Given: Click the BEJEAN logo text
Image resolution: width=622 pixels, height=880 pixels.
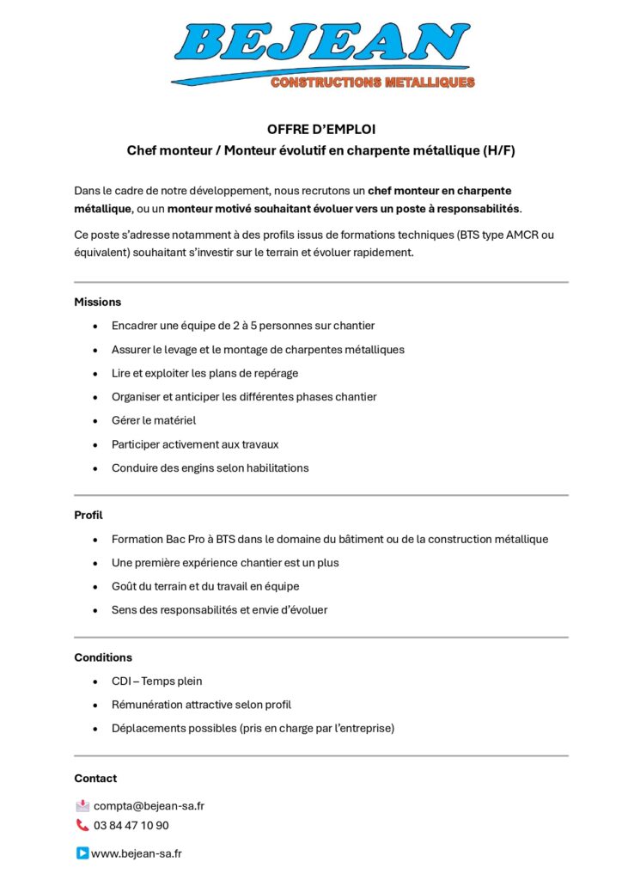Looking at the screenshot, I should [322, 41].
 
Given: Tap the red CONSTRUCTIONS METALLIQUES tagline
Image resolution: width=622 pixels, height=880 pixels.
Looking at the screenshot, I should [372, 82].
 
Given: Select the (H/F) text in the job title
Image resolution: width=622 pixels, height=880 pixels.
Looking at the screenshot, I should [499, 150].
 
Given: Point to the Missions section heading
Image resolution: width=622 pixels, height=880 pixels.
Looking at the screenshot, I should [98, 302].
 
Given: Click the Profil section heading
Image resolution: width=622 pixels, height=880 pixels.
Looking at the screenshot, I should [88, 515].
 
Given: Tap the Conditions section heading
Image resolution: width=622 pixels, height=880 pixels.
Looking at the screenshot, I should [103, 657].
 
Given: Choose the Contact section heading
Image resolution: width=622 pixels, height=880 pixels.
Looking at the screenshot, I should [95, 778].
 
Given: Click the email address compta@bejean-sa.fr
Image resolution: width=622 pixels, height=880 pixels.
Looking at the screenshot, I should [149, 806].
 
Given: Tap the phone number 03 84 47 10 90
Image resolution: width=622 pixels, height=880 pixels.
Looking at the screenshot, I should [131, 825].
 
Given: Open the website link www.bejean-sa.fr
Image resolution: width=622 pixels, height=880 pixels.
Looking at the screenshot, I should [136, 853].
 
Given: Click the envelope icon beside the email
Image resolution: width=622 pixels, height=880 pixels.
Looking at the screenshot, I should [82, 806].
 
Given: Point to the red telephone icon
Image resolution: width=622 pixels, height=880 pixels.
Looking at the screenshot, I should [82, 825].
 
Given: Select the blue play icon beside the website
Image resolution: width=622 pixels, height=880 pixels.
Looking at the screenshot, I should [82, 853].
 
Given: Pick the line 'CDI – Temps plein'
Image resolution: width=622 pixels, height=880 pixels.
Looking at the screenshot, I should [156, 681].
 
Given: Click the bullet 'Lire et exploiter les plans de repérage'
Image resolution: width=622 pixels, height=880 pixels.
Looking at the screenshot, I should [204, 373].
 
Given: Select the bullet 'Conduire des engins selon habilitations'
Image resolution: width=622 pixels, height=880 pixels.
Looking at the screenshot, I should [210, 467].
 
